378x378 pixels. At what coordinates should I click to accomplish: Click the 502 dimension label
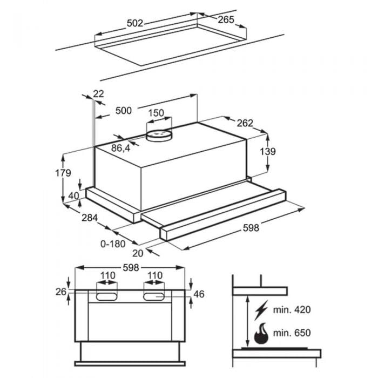[x=135, y=23]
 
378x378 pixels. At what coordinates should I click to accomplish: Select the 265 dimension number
[x=226, y=20]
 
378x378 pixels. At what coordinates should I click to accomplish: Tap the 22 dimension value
[x=98, y=93]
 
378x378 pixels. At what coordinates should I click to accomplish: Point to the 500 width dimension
[x=124, y=111]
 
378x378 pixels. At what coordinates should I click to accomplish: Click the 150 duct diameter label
[x=156, y=113]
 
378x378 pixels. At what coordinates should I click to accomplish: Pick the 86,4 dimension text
[x=120, y=148]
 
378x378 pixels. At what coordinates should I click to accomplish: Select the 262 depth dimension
[x=245, y=123]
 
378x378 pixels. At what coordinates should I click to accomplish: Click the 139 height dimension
[x=268, y=151]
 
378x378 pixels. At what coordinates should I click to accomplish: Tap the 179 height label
[x=63, y=173]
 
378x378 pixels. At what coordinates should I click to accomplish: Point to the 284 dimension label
[x=90, y=218]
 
